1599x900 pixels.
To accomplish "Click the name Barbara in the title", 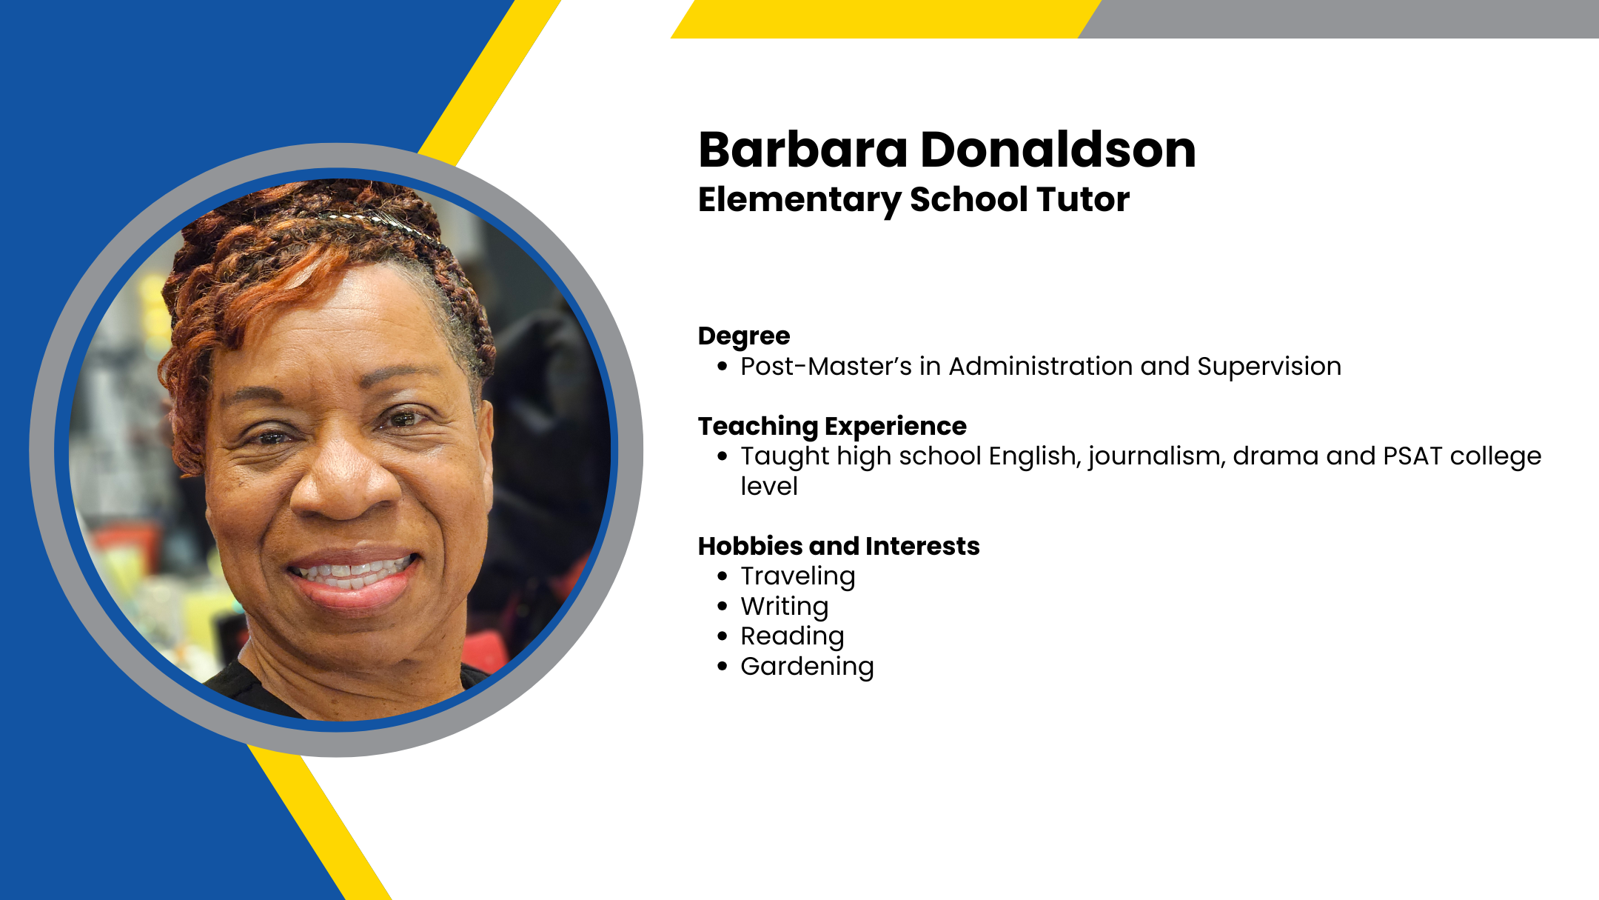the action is click(803, 150).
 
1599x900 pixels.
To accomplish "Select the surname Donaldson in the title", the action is click(1059, 150).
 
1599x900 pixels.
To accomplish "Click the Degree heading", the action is click(744, 337).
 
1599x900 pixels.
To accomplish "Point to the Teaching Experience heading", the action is click(832, 427).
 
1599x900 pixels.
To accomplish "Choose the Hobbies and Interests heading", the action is click(839, 546).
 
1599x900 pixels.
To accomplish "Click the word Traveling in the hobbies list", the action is click(798, 576).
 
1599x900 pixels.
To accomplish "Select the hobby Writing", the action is click(785, 607).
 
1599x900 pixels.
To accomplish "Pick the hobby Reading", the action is click(792, 636).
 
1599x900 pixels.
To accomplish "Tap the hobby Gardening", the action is click(807, 667).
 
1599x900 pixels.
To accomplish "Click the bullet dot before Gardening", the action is click(723, 667).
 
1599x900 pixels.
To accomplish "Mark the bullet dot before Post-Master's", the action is click(723, 367).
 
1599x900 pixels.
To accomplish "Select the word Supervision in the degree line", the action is click(1269, 367).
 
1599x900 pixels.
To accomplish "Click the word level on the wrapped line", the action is click(769, 487).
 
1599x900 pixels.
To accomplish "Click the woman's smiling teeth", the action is click(352, 572).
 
